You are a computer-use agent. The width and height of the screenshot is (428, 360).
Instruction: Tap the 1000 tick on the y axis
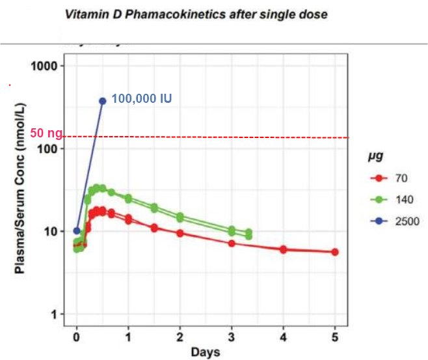pyautogui.click(x=49, y=66)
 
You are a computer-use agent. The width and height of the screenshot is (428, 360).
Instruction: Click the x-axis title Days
pyautogui.click(x=206, y=353)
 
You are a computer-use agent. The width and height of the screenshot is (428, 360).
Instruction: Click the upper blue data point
pyautogui.click(x=103, y=101)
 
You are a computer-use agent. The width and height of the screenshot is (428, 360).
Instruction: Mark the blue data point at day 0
pyautogui.click(x=77, y=230)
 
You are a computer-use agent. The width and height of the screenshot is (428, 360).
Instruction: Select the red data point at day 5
pyautogui.click(x=335, y=252)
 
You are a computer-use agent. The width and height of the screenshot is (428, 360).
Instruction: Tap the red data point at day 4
pyautogui.click(x=283, y=249)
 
